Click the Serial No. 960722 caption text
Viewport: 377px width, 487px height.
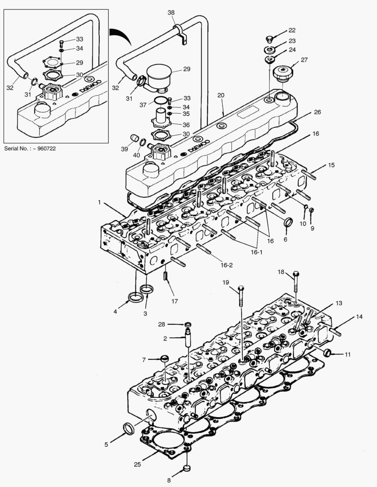point(30,148)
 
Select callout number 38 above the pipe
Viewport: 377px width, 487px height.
point(171,13)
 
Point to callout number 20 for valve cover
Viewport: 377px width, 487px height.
point(220,96)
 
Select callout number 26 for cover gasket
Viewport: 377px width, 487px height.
point(317,112)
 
